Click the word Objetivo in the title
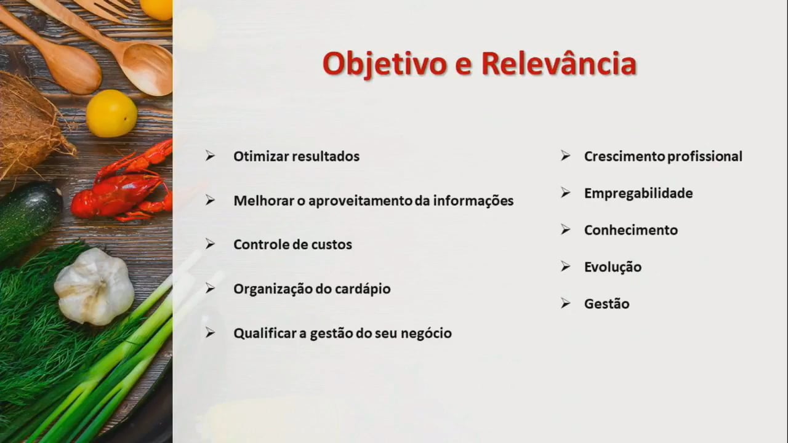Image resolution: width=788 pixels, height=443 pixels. coord(385,65)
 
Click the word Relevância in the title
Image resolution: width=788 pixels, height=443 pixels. coord(559,63)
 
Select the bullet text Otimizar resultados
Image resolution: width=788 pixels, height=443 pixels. coord(297,156)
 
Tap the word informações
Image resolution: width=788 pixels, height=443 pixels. coord(473,201)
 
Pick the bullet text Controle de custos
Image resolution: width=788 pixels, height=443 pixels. coord(292,244)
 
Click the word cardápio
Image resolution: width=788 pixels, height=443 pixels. coord(363,289)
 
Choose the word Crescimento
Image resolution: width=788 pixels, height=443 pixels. coord(624,156)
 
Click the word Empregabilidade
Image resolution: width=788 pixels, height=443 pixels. coord(638,193)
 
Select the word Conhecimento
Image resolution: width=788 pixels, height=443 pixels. coord(631,230)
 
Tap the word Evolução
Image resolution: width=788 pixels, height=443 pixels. coord(613,267)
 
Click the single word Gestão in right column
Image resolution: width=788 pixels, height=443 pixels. coord(607,304)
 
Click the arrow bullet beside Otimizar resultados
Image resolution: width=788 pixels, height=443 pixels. coord(211,156)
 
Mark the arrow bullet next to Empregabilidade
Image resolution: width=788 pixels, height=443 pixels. coord(566,193)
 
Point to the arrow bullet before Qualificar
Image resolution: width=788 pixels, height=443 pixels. coord(211,333)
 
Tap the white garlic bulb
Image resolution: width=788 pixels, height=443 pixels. coord(94,287)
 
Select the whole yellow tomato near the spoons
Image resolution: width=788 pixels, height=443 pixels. coord(112,113)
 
